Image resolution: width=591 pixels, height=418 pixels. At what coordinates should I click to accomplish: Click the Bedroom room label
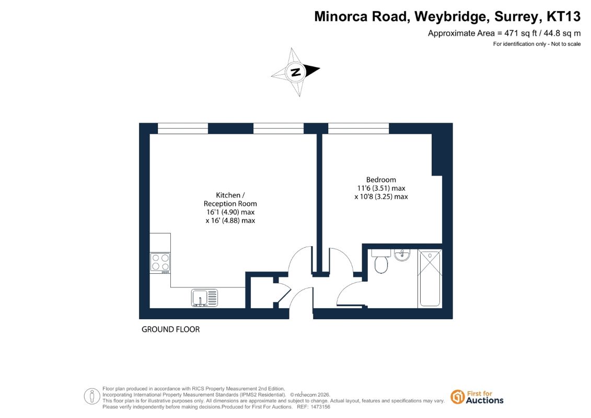(x=381, y=180)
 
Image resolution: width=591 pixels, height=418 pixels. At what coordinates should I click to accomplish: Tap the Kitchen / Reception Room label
(x=230, y=200)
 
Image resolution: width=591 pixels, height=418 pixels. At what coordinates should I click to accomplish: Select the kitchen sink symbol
(x=204, y=297)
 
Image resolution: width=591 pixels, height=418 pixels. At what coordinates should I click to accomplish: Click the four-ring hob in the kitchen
(x=160, y=262)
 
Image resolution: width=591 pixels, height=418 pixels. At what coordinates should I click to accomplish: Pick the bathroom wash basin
(x=402, y=255)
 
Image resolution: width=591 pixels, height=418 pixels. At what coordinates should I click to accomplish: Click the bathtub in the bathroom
(x=430, y=278)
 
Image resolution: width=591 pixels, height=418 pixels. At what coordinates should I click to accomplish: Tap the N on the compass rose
(x=296, y=72)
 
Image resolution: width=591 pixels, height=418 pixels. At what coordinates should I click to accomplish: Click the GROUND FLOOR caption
(x=171, y=329)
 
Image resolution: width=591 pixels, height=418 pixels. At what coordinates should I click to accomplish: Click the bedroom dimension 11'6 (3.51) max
(x=381, y=188)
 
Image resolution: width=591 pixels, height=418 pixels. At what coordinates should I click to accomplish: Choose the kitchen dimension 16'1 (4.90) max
(x=230, y=212)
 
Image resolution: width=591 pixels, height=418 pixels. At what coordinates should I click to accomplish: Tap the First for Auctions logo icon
(x=458, y=397)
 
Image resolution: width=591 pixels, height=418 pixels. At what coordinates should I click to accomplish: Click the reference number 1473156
(x=320, y=407)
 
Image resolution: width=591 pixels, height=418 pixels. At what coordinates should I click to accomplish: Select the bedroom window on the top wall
(x=358, y=129)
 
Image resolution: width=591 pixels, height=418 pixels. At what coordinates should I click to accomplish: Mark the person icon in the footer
(x=92, y=397)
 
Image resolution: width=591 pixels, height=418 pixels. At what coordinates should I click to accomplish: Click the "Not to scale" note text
(x=566, y=44)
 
